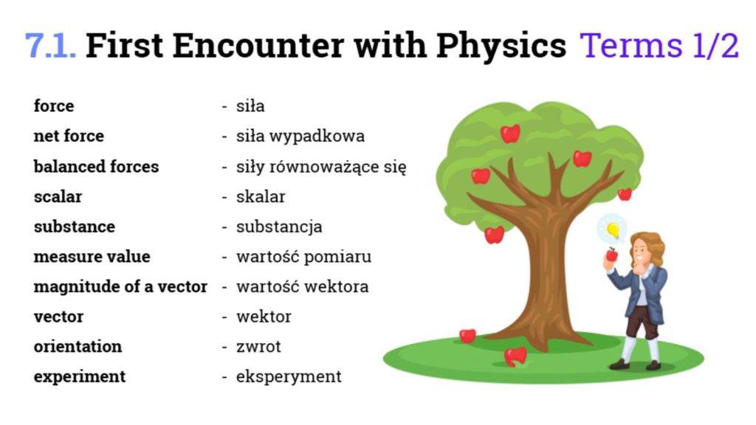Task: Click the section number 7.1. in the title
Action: click(x=50, y=46)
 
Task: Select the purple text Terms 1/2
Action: click(x=659, y=46)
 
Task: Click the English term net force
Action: click(x=69, y=136)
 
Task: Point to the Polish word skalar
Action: click(x=261, y=196)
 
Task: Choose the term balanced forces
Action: click(x=96, y=166)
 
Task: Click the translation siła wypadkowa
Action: click(x=300, y=137)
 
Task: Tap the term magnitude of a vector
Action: click(x=120, y=287)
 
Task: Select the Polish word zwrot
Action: click(x=258, y=347)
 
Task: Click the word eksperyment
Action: click(x=289, y=377)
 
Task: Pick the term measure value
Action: click(x=92, y=256)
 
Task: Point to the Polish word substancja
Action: click(x=279, y=227)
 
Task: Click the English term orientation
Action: click(x=78, y=347)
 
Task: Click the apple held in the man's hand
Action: click(x=612, y=255)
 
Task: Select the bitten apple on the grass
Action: click(x=515, y=357)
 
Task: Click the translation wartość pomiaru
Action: click(x=303, y=257)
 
